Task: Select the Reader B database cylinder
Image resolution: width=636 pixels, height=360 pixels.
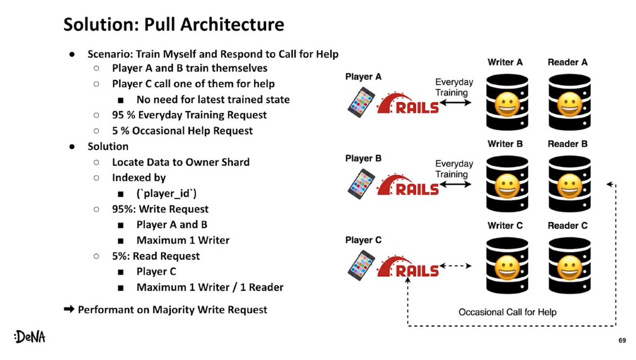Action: pyautogui.click(x=569, y=182)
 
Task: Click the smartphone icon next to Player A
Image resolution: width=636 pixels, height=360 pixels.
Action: pyautogui.click(x=361, y=102)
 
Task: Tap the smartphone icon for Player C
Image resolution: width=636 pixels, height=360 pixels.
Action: pyautogui.click(x=361, y=265)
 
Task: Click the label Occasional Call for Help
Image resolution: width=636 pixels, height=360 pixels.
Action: pyautogui.click(x=507, y=312)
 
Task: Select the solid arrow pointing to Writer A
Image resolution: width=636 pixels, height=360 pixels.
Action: pyautogui.click(x=455, y=103)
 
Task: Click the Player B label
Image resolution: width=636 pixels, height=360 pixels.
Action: pyautogui.click(x=363, y=159)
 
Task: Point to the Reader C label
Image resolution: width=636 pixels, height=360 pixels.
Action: pyautogui.click(x=568, y=225)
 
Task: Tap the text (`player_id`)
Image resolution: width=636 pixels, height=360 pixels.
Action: pyautogui.click(x=166, y=194)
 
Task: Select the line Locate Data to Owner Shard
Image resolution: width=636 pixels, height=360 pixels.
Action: pyautogui.click(x=180, y=162)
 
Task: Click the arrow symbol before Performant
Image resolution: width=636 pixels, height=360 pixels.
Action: pyautogui.click(x=69, y=310)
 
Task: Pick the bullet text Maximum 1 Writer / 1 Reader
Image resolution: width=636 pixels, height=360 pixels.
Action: pyautogui.click(x=210, y=287)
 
